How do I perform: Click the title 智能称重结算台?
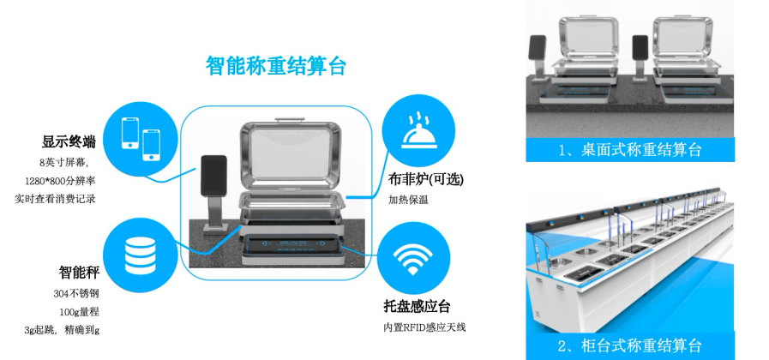point(276,66)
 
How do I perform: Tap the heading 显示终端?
point(69,142)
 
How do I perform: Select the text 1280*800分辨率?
point(60,181)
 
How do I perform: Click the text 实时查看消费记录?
point(55,199)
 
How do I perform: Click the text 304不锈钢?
point(76,294)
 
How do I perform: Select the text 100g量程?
point(80,312)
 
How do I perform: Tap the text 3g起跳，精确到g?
point(62,330)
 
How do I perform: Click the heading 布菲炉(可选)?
point(426,179)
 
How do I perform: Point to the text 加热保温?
point(408,200)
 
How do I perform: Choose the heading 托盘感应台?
point(417,307)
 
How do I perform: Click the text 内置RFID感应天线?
point(424,327)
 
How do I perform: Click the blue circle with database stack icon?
point(141,255)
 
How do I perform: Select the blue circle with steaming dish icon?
point(418,131)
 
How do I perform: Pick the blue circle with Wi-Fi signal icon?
point(413,258)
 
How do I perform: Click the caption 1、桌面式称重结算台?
point(630,150)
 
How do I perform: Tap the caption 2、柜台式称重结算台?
point(630,345)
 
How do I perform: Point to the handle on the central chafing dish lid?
point(291,119)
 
